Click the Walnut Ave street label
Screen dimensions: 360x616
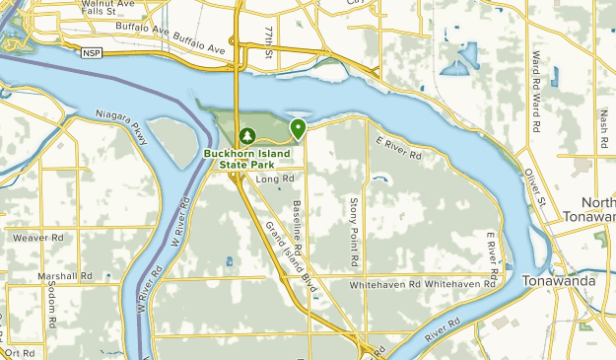pyautogui.click(x=107, y=5)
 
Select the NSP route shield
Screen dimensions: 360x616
pyautogui.click(x=92, y=51)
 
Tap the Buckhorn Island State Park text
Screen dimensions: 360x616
pyautogui.click(x=245, y=158)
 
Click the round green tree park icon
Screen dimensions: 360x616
pyautogui.click(x=246, y=135)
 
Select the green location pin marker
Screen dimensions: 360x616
pyautogui.click(x=297, y=128)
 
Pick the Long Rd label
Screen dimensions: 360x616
pyautogui.click(x=275, y=179)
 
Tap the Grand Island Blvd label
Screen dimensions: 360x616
pyautogui.click(x=292, y=255)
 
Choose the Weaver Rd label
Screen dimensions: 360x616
pyautogui.click(x=37, y=238)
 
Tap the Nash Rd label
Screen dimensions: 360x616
pyautogui.click(x=603, y=126)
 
